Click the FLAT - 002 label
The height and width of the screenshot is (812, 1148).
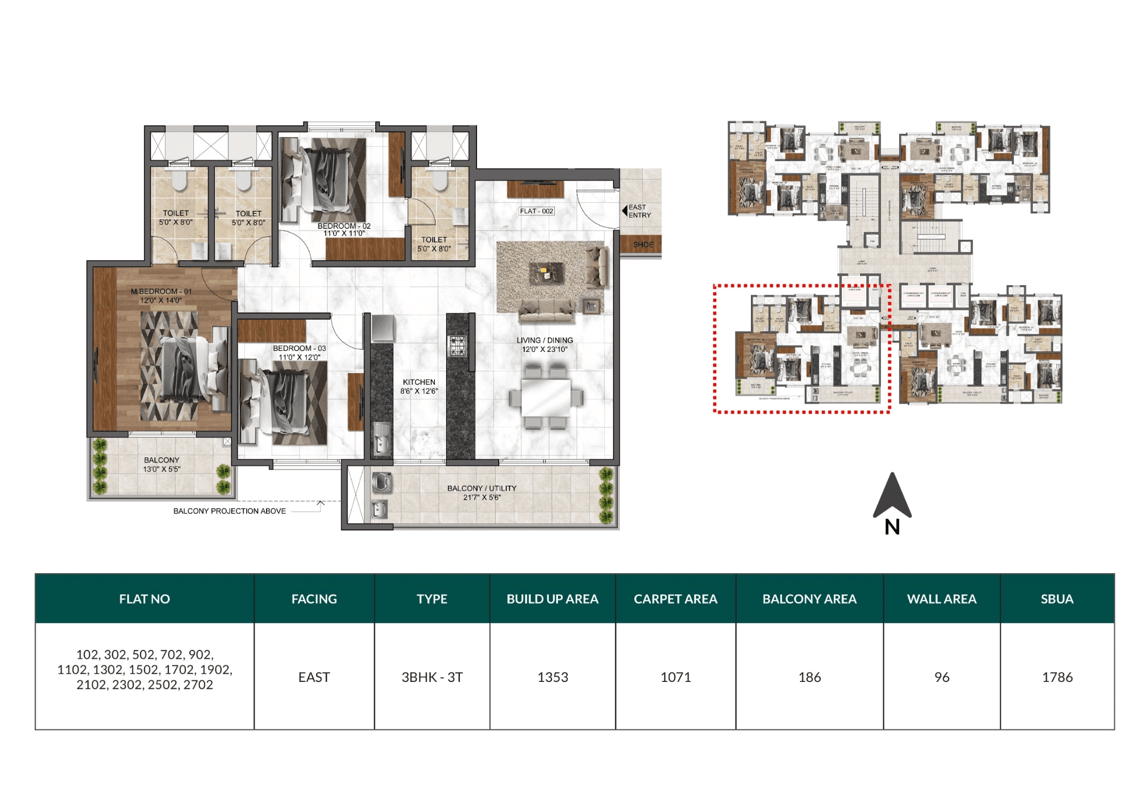(537, 211)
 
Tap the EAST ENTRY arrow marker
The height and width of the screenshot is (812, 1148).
(625, 211)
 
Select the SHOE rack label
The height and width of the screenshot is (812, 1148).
(643, 245)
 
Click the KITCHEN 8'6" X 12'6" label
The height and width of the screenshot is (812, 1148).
(419, 387)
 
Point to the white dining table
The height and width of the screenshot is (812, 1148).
(546, 397)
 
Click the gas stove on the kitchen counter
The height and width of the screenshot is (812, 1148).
(457, 346)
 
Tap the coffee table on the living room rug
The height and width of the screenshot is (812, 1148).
(546, 274)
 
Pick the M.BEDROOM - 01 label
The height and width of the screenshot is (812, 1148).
(161, 296)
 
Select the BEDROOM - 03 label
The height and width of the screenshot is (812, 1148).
(299, 352)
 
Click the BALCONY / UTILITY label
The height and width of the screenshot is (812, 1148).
(481, 493)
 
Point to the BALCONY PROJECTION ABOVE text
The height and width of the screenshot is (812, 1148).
(229, 511)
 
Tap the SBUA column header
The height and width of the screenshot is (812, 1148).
(1057, 599)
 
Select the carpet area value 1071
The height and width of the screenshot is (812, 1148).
(675, 677)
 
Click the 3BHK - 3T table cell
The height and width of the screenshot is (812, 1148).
(432, 677)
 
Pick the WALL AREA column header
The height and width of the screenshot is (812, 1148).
(941, 599)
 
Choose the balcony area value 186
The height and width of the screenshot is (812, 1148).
(809, 677)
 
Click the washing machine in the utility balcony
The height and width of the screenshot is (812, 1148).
(381, 482)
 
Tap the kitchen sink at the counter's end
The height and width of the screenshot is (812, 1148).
(382, 440)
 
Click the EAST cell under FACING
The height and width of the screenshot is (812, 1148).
(314, 677)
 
